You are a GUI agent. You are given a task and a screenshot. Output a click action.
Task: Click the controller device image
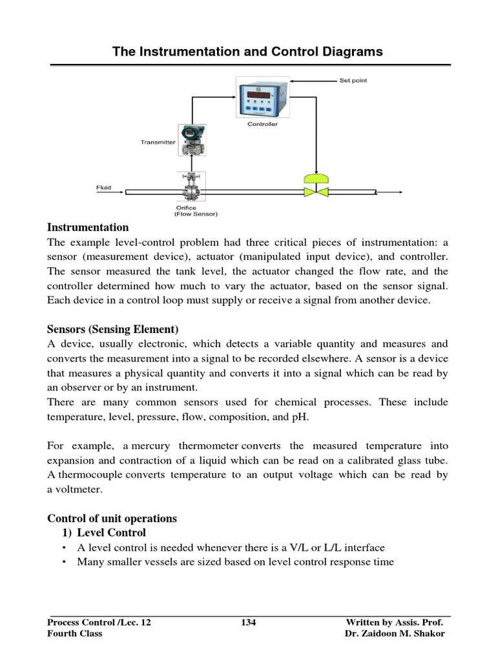coord(262,97)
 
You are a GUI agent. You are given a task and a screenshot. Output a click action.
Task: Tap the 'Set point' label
coord(353,81)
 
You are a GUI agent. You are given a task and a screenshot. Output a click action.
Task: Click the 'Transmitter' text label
coord(158,142)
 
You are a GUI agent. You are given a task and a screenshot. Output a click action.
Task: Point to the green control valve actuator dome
coord(316,178)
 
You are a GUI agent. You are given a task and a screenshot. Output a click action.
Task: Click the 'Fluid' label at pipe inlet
coord(103,188)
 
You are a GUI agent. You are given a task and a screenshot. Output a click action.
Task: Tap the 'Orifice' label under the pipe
coord(187,208)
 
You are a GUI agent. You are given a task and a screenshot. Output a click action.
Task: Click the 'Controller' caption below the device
coord(262,124)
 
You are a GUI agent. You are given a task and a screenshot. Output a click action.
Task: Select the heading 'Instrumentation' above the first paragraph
coord(88,227)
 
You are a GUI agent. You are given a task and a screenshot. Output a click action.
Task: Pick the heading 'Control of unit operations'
coord(112,518)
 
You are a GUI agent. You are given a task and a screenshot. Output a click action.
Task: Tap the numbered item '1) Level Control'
coord(104,533)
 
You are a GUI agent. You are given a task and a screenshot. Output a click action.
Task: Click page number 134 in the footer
coord(248,622)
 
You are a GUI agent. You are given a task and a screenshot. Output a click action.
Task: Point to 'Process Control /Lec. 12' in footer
coord(99,622)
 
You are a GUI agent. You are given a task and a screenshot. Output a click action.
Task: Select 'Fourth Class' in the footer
coord(75,633)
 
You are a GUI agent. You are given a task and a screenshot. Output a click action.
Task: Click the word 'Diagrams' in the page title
coord(349,52)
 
